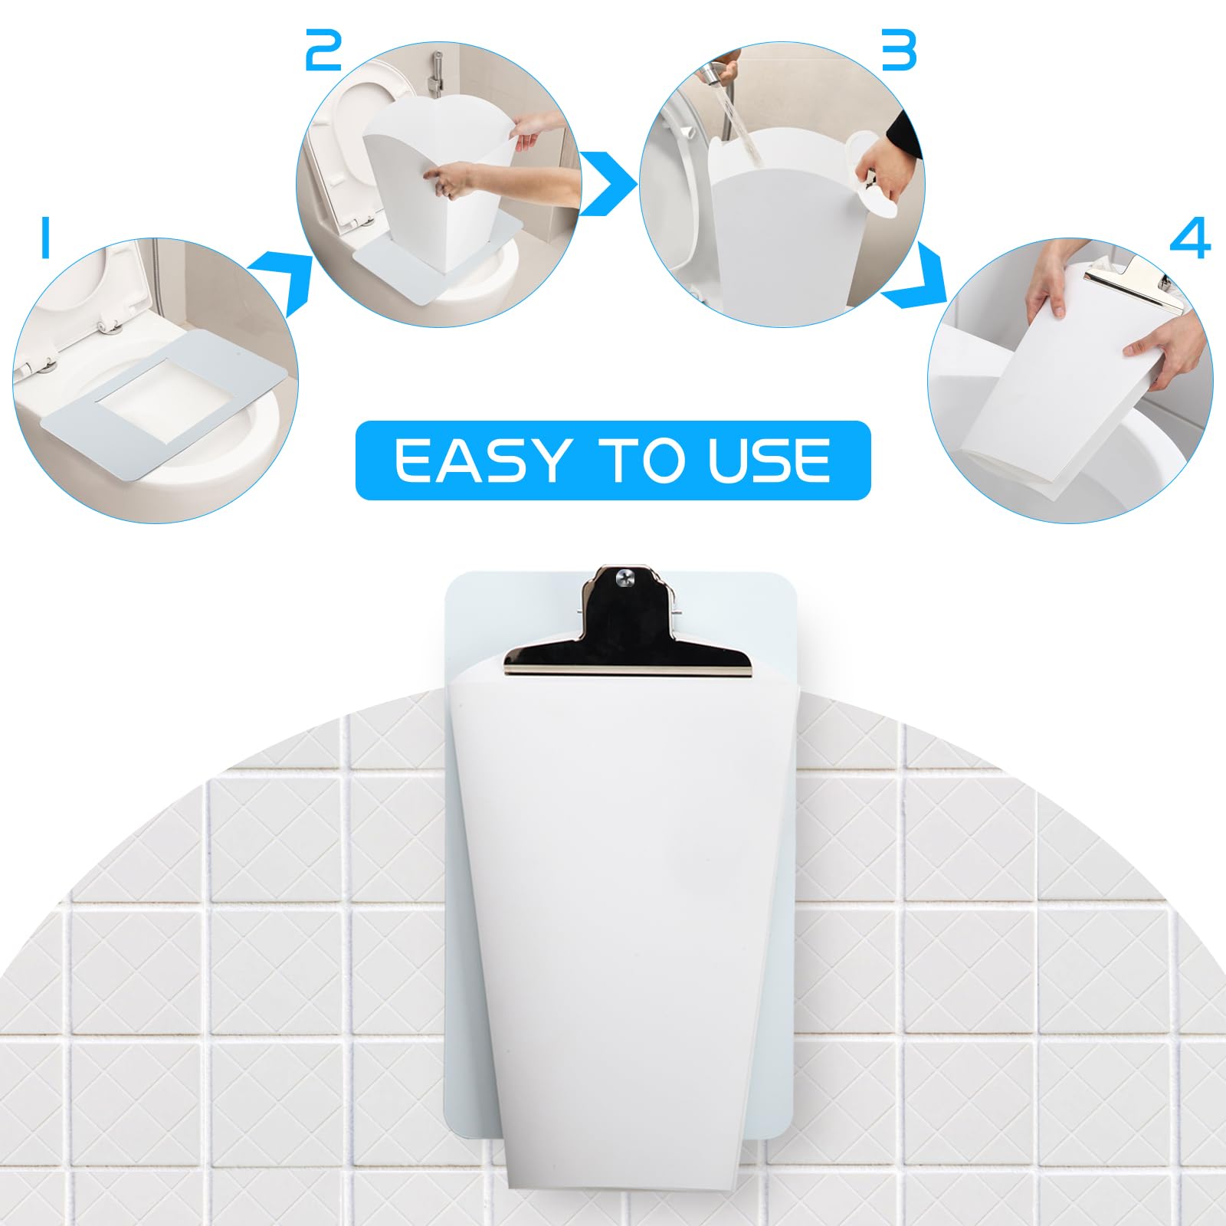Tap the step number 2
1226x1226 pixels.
coord(323,51)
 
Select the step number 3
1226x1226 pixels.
coord(898,51)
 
